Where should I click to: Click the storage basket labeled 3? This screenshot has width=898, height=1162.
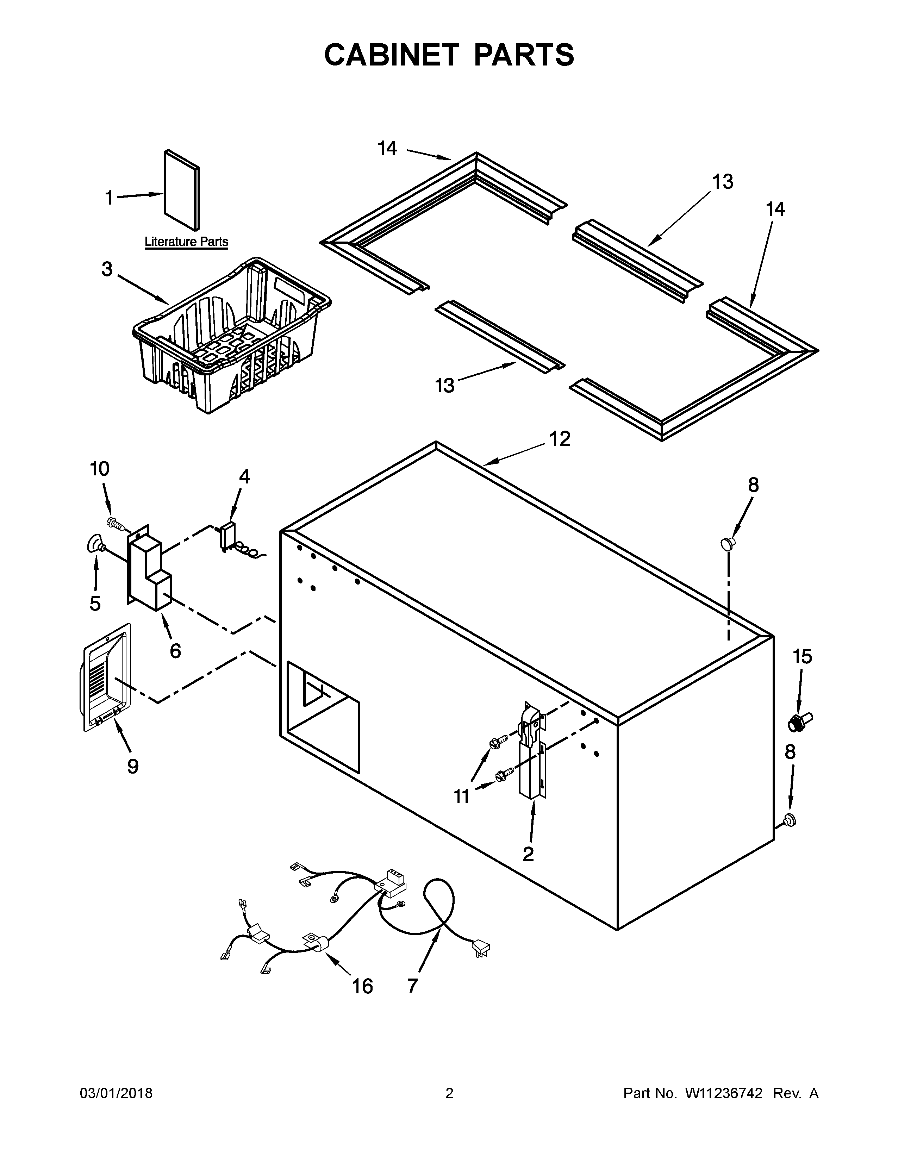231,335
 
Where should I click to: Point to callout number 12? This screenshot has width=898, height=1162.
560,439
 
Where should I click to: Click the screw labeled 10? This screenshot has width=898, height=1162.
116,524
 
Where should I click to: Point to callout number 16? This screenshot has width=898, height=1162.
362,986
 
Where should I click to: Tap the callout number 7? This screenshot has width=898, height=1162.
413,985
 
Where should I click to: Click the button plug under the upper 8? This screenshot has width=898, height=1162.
727,543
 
